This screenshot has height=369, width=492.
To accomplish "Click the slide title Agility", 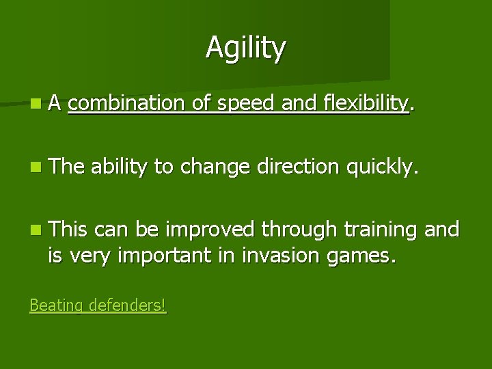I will point(246,47).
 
